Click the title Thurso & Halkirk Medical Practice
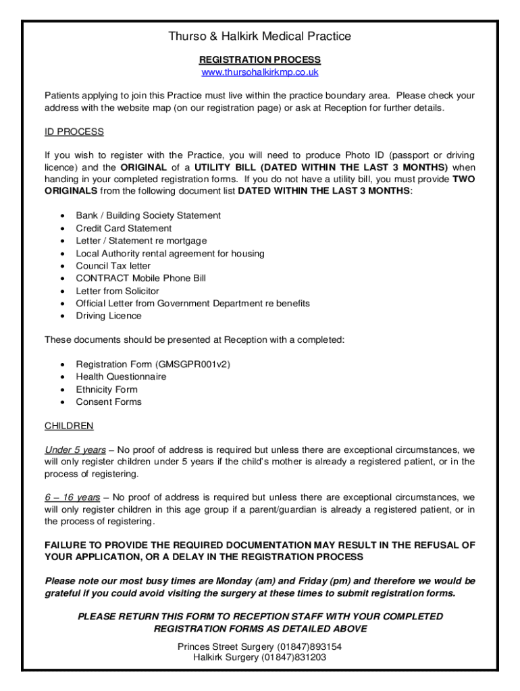[260, 36]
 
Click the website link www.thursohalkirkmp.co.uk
[260, 72]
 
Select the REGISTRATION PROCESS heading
[260, 60]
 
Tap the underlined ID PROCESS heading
[74, 132]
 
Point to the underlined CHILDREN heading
[69, 426]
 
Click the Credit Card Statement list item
[124, 228]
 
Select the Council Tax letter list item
[113, 266]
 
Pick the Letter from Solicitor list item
[118, 291]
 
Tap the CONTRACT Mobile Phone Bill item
[141, 278]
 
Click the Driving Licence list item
[109, 316]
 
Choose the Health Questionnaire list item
[121, 377]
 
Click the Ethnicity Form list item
[107, 389]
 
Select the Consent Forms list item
[109, 402]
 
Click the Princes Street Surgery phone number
[307, 646]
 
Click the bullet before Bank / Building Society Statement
[62, 216]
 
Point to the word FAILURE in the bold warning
[66, 545]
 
